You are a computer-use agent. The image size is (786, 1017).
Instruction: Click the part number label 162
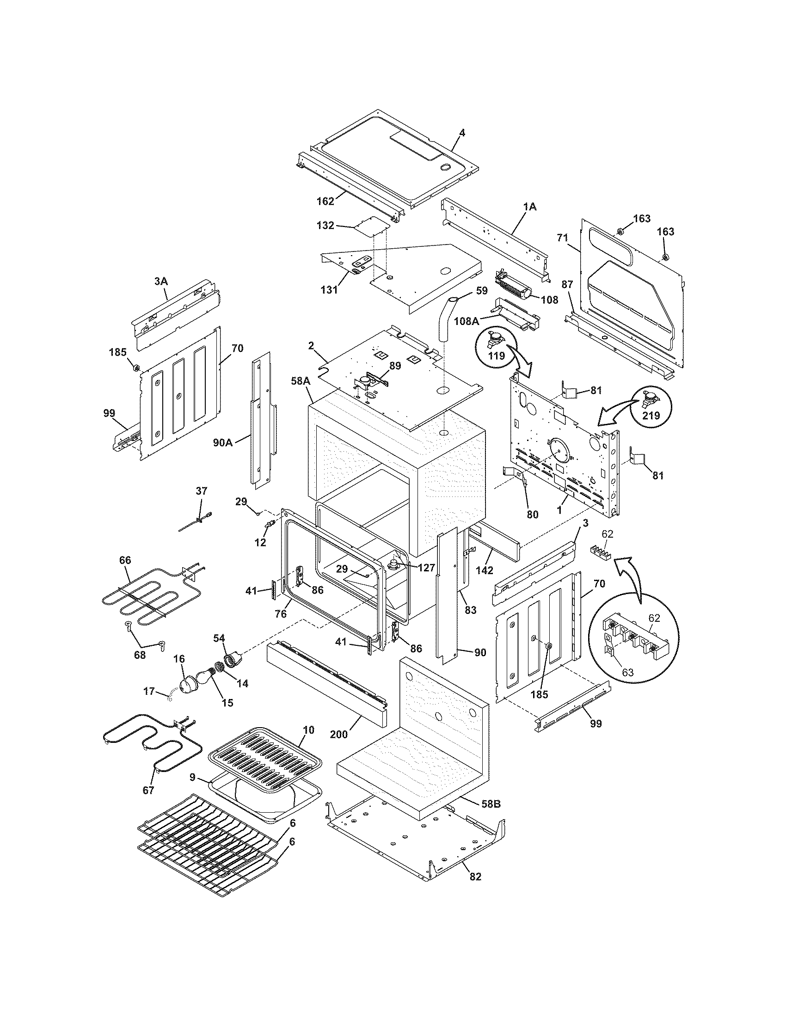click(x=325, y=201)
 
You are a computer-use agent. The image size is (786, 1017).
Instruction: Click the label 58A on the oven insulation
click(x=301, y=380)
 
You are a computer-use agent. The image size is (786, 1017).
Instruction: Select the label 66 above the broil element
click(x=125, y=560)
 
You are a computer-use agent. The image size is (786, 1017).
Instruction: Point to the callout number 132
click(x=325, y=225)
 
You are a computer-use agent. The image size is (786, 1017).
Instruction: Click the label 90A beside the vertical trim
click(x=222, y=442)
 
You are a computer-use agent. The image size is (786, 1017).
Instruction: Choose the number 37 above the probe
click(x=202, y=491)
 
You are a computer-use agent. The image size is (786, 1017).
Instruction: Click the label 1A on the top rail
click(x=530, y=207)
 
